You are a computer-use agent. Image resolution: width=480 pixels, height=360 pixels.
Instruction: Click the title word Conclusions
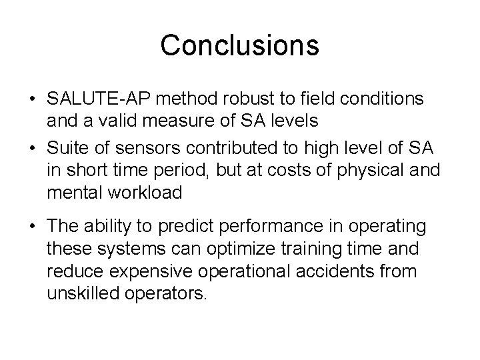click(239, 45)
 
